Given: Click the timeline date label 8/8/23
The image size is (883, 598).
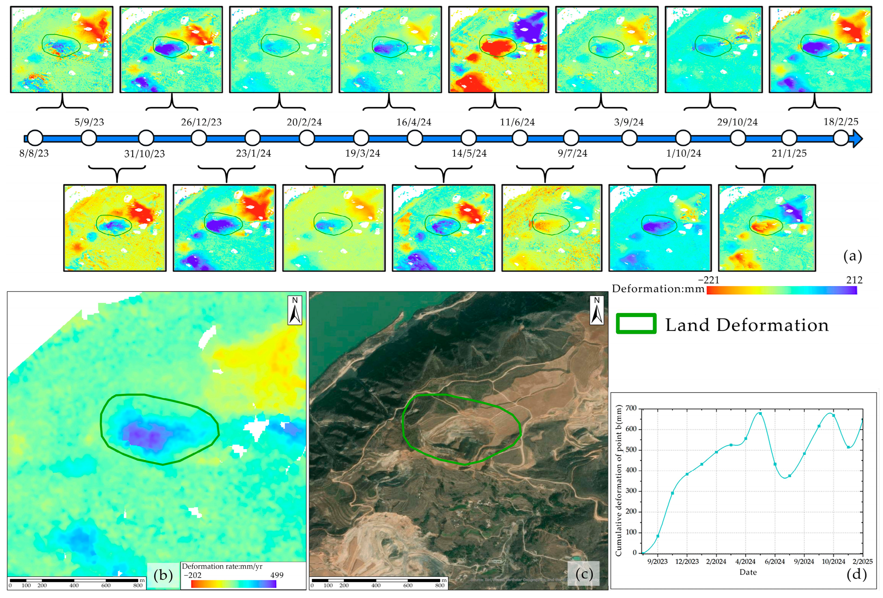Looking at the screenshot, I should [34, 153].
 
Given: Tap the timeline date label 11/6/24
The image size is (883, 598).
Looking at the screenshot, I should [517, 122].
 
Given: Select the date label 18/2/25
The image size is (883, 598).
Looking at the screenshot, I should [841, 122].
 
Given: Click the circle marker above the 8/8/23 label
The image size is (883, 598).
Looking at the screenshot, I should [35, 138].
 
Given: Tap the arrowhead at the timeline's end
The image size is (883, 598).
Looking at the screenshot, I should [858, 138].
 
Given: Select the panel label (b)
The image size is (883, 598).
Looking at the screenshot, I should [163, 575].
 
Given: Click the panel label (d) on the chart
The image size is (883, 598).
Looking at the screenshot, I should [856, 573].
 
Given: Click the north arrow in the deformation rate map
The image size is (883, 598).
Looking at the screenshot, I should [295, 311].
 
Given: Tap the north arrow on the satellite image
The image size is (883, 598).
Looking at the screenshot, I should [597, 311].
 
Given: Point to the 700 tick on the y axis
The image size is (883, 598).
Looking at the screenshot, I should [631, 408].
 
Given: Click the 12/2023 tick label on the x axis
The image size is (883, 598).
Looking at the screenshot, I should [687, 561].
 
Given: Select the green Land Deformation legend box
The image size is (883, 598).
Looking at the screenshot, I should [636, 324].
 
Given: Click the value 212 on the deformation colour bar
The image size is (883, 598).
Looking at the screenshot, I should [854, 280].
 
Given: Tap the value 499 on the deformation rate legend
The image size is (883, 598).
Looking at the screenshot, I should [277, 575].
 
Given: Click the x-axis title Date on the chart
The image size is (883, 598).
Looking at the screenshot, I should [748, 572].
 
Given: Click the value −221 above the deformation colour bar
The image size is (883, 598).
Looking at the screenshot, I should [709, 280].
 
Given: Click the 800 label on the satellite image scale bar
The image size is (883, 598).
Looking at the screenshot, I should [440, 585].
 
